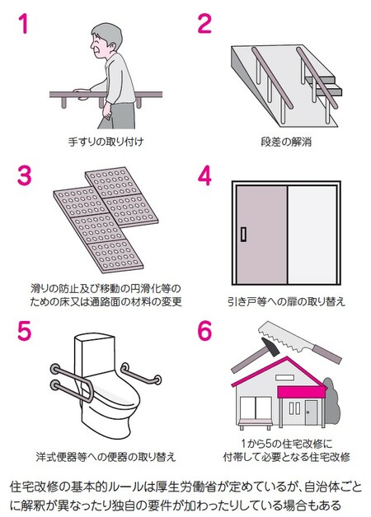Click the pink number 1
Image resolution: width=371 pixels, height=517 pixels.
[24, 23]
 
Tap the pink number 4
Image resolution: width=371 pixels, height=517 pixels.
[204, 175]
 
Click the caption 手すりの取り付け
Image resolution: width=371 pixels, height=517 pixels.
[106, 142]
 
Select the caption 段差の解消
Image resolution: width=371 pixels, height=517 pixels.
[286, 142]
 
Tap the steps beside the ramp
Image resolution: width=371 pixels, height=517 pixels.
[323, 83]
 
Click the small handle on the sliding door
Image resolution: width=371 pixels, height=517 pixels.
[243, 234]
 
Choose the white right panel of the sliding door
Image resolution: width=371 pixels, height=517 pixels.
[312, 235]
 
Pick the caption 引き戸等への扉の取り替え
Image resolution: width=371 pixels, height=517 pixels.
[286, 301]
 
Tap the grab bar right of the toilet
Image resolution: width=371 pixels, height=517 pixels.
[140, 375]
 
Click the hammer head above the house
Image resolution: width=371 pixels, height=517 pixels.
[270, 347]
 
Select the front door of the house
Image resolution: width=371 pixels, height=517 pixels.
[311, 412]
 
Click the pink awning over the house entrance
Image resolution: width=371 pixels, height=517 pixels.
[301, 392]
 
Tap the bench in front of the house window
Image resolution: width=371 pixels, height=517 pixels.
[256, 423]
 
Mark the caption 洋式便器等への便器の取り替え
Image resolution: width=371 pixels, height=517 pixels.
[106, 457]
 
